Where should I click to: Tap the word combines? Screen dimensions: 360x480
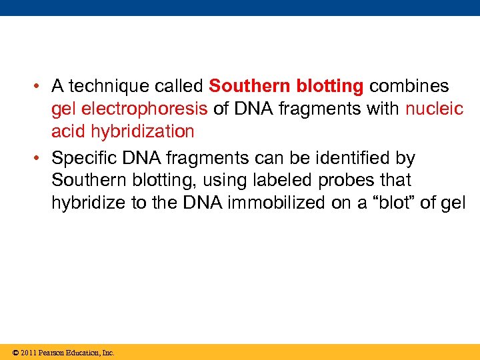point(409,87)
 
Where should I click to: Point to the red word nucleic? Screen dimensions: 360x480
point(433,109)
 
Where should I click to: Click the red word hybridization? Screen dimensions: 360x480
point(141,131)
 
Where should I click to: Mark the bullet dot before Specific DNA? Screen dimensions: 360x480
point(41,159)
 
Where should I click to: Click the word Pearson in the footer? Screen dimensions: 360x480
point(53,353)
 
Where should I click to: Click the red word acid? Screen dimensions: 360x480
point(69,131)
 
